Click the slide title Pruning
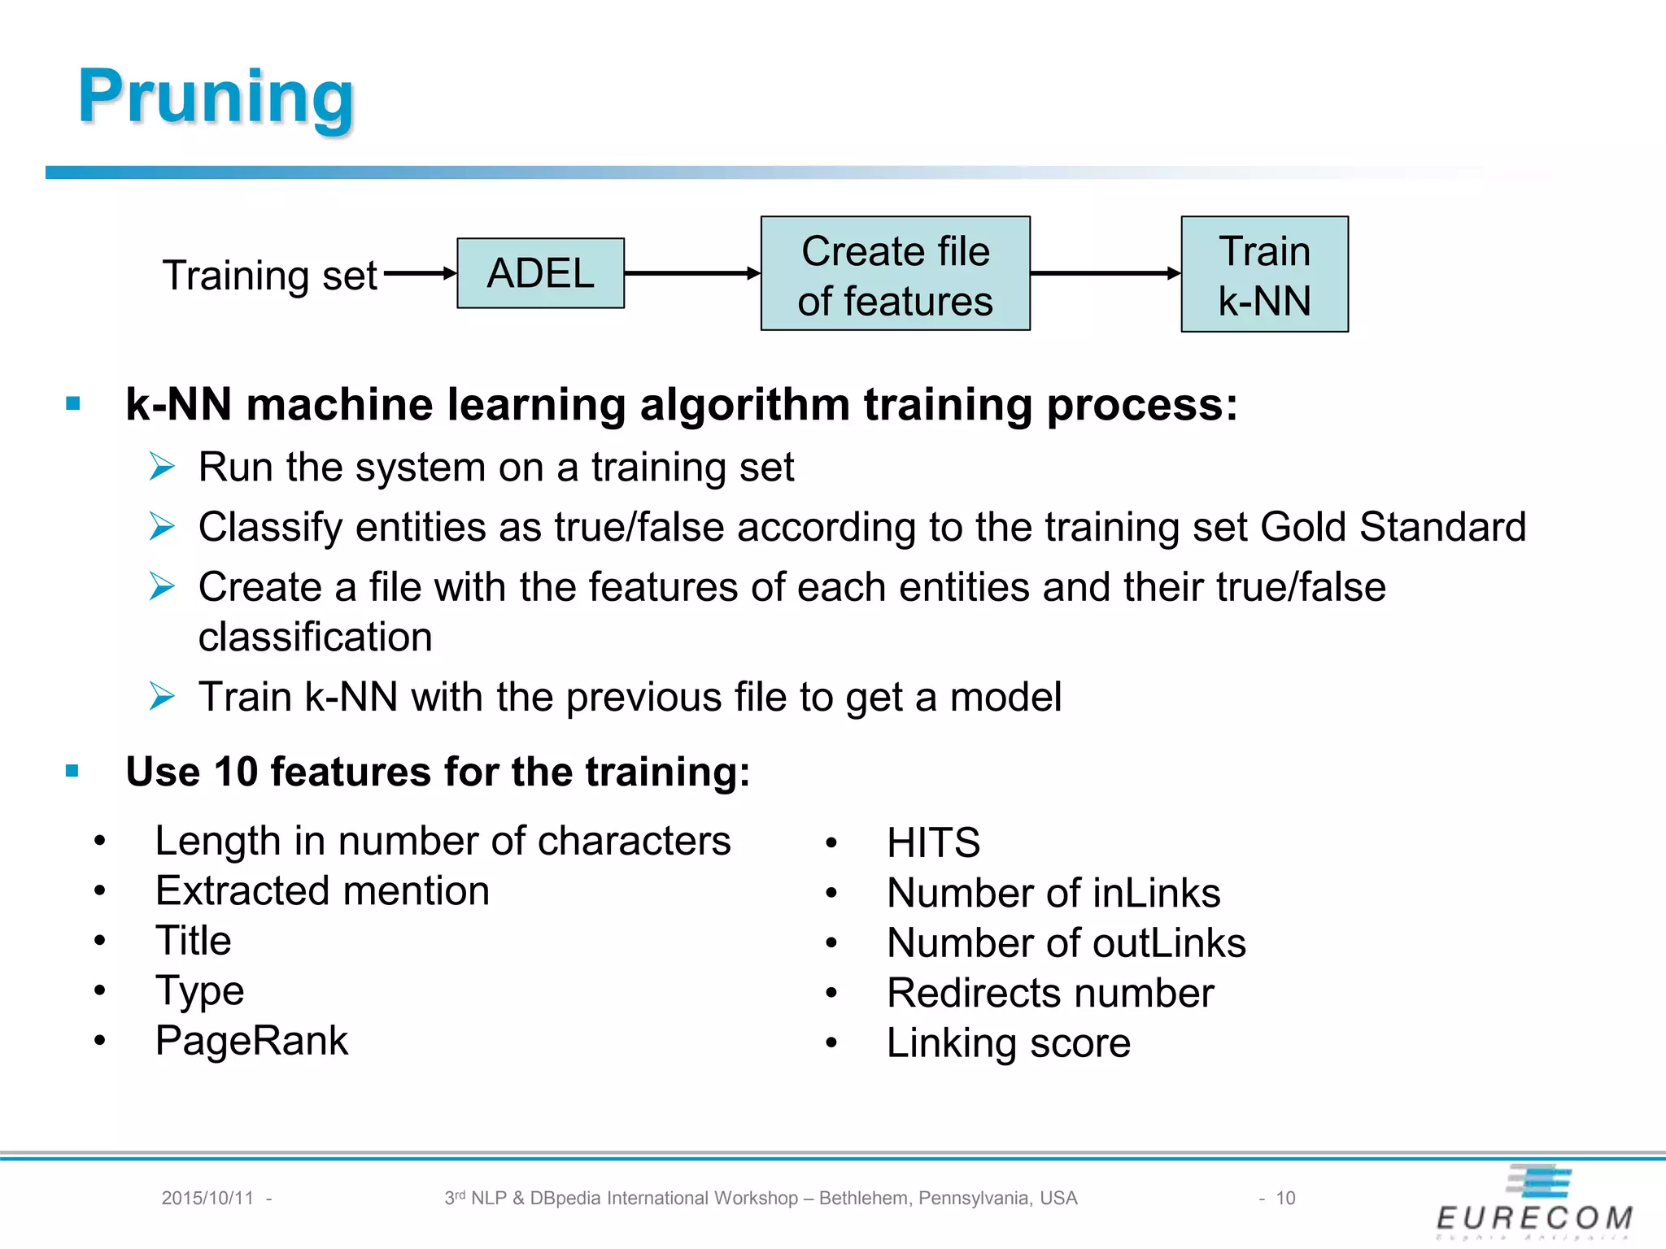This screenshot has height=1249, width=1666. coord(216,96)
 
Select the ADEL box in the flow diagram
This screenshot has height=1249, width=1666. coord(540,273)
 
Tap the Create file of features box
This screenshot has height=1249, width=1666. coord(895,274)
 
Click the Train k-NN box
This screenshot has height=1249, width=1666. coord(1264,274)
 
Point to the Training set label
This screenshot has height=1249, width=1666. coord(269,275)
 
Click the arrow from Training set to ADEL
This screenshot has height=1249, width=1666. coord(418,273)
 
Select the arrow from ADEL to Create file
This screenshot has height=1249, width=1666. coord(691,273)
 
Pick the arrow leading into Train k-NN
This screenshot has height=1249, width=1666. coord(1105,273)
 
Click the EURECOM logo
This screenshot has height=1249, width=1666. coord(1535,1203)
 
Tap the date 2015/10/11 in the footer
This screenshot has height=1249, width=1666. coord(207,1198)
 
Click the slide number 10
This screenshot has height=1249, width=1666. coord(1285,1198)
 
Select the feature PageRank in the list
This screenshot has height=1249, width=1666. coord(251,1041)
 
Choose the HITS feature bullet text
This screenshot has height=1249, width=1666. coord(933,842)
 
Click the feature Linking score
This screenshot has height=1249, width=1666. coord(1008,1043)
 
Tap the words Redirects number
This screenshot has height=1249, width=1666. coord(1050,993)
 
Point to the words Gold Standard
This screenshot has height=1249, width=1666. coord(1392,527)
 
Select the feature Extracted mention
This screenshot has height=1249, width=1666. coord(322,891)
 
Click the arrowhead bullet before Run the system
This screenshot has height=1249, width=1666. coord(162,467)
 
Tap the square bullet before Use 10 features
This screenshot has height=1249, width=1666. coord(72,770)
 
